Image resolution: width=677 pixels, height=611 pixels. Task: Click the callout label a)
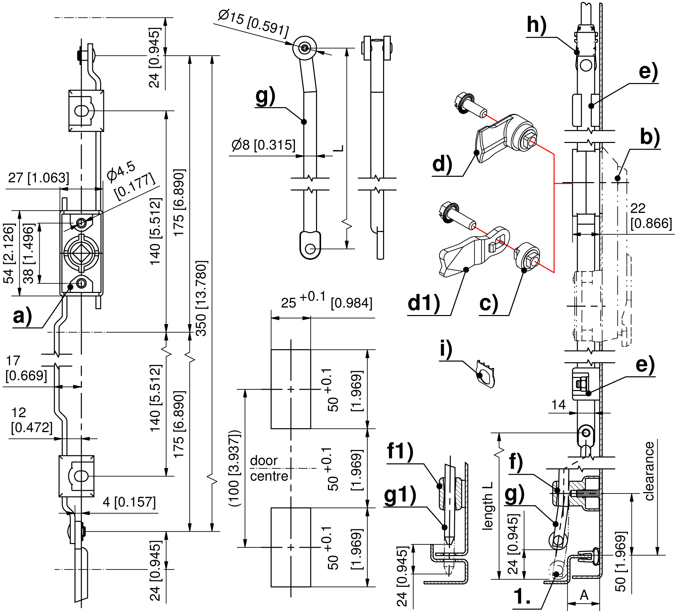(22, 316)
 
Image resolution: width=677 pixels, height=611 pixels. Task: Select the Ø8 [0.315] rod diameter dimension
(263, 145)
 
